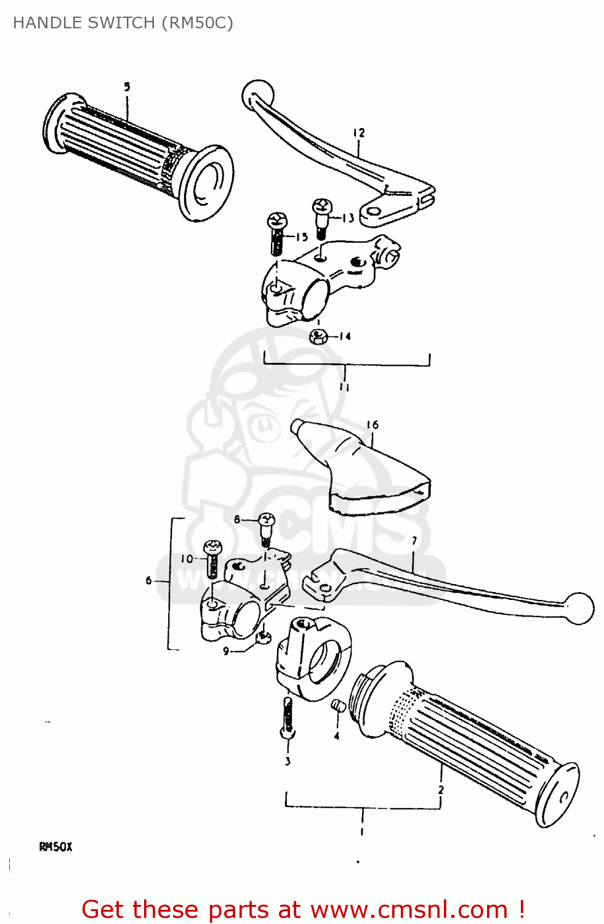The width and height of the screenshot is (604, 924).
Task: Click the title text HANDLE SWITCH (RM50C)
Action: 123,23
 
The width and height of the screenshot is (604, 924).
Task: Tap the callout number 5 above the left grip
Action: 127,87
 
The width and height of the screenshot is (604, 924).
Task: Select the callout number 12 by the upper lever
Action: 359,132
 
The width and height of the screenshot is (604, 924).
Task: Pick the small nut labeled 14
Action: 318,336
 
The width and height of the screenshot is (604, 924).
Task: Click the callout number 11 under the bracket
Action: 344,387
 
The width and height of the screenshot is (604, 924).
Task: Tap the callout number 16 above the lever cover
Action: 372,424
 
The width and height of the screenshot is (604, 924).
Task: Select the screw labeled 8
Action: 266,527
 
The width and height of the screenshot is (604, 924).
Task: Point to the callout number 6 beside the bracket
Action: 148,580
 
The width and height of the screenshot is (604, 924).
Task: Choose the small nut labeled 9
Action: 264,637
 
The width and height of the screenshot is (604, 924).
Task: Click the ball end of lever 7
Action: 578,608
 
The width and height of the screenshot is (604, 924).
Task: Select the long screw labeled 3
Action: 288,717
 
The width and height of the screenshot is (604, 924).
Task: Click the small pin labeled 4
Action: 337,706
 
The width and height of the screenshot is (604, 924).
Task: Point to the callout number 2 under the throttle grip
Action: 441,789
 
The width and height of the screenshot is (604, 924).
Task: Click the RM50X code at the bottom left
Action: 55,847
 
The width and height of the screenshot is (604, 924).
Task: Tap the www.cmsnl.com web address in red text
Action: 409,910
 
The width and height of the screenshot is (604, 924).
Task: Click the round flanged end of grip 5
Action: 206,183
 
